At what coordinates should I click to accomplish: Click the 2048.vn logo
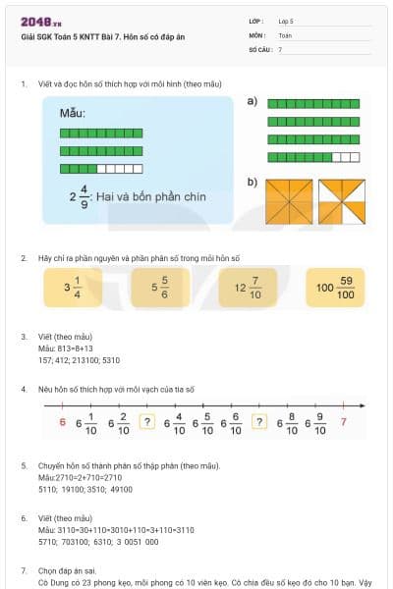click(40, 22)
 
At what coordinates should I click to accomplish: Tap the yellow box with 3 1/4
click(72, 288)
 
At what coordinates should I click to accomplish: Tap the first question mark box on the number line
click(148, 422)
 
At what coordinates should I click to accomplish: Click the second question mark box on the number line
click(259, 422)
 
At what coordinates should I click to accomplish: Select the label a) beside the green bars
click(253, 101)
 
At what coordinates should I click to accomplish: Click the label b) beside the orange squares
click(253, 182)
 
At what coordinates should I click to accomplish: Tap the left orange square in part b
click(289, 201)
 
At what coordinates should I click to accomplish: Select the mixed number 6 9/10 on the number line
click(314, 422)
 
